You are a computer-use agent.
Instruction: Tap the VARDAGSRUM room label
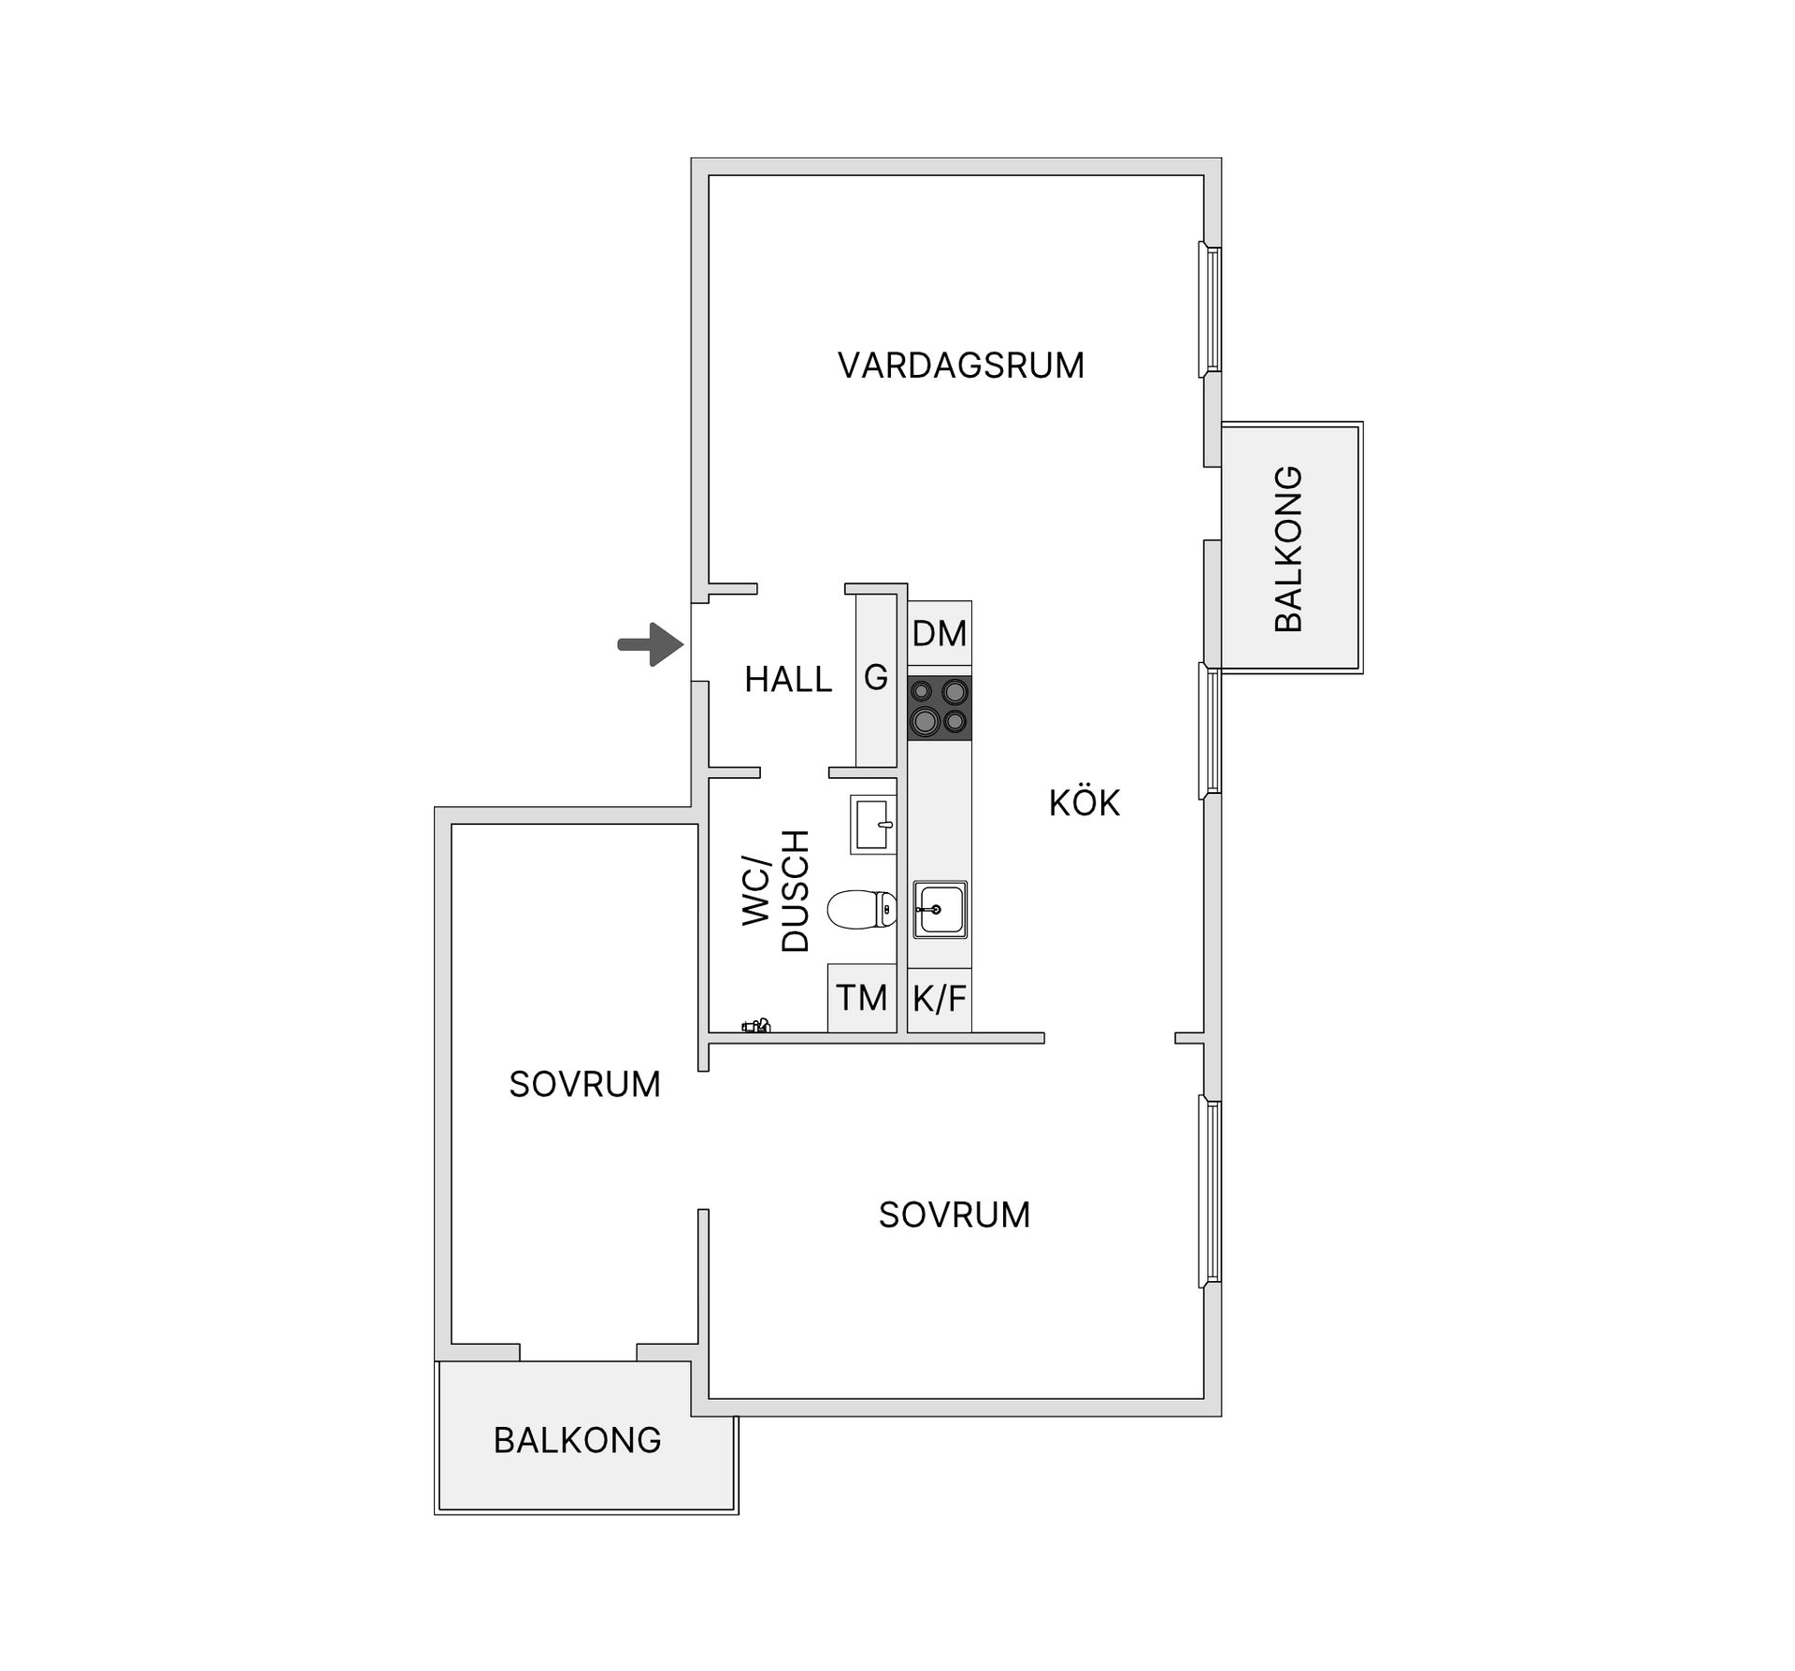[x=960, y=366]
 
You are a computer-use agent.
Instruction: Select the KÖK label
[x=1084, y=803]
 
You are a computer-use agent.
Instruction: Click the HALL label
[x=787, y=679]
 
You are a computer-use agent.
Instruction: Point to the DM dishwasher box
[x=940, y=634]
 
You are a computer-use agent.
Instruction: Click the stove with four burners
[x=940, y=707]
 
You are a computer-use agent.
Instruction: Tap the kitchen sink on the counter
[x=940, y=908]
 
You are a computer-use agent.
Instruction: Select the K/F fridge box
[x=940, y=999]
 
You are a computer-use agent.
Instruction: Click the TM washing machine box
[x=861, y=998]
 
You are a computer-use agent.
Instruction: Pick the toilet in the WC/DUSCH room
[x=861, y=909]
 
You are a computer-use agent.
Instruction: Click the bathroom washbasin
[x=872, y=824]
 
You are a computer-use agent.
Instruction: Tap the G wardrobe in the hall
[x=876, y=678]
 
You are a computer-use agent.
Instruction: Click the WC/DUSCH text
[x=776, y=890]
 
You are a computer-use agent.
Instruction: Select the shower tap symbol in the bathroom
[x=756, y=1026]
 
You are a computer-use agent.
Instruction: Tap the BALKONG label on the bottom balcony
[x=577, y=1440]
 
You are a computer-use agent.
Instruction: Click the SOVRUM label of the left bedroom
[x=584, y=1085]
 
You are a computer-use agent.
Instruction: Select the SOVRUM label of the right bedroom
[x=954, y=1215]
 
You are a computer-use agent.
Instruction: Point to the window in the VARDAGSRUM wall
[x=1210, y=310]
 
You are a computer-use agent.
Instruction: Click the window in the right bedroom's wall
[x=1210, y=1190]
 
